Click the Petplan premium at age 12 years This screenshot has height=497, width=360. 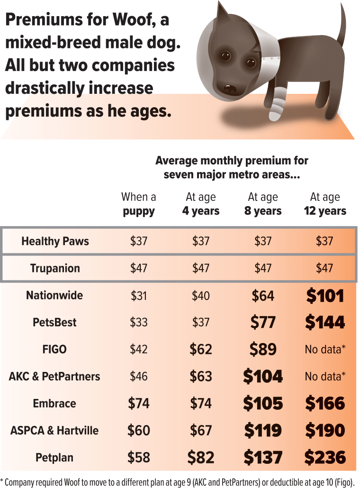tap(325, 457)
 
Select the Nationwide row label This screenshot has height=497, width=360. tap(54, 295)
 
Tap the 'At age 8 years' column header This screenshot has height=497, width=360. tap(263, 204)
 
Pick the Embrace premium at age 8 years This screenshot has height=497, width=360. tap(263, 403)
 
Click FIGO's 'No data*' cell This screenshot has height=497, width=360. tap(325, 349)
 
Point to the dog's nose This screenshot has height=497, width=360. tap(229, 88)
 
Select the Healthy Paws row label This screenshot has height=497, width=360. tap(55, 241)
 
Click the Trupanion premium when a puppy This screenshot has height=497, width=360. tap(139, 268)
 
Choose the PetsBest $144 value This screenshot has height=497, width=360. tap(325, 322)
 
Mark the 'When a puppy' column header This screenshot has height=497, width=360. tap(139, 204)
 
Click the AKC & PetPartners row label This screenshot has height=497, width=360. tap(54, 376)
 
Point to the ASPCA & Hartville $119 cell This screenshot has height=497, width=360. tap(263, 430)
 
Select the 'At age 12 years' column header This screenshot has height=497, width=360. tap(325, 204)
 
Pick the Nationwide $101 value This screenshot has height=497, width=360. tap(325, 295)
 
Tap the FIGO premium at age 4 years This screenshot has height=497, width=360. tap(201, 349)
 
